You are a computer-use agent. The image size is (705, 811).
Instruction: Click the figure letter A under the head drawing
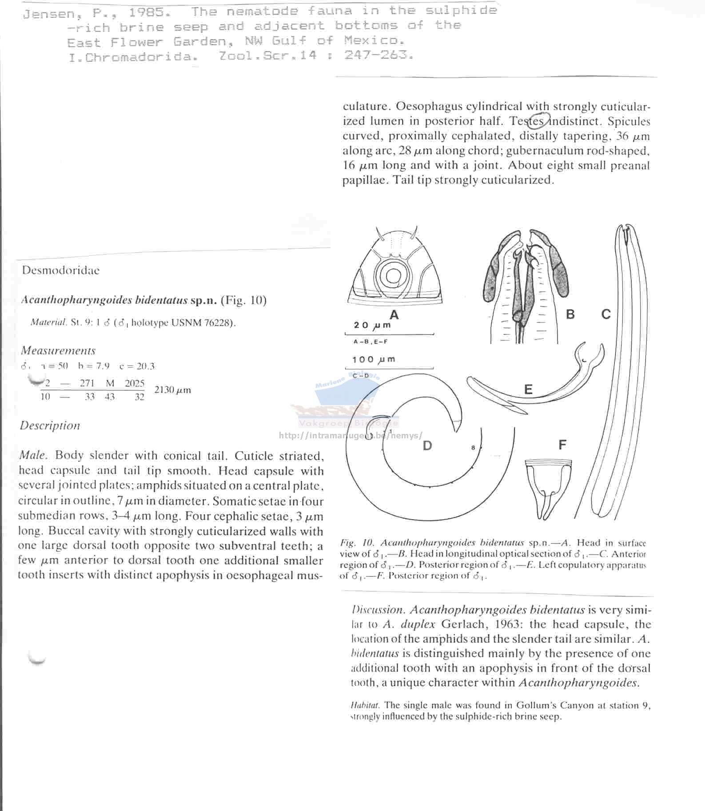394,315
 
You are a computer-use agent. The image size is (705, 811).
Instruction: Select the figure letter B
570,314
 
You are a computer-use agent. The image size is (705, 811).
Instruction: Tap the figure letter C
606,314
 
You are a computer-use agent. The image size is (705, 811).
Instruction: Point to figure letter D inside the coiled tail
427,445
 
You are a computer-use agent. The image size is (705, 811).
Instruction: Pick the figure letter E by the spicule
528,390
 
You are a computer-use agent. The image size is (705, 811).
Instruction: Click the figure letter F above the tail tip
562,445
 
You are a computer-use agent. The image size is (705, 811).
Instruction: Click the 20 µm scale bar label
372,325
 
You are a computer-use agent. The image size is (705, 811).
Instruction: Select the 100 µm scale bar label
374,359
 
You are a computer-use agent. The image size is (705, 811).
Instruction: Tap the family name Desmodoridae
61,270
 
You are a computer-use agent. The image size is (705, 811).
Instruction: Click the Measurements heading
58,351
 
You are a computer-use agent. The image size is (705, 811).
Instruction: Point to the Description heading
50,425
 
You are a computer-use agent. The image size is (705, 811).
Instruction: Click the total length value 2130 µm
172,390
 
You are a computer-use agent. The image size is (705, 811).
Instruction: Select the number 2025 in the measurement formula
135,383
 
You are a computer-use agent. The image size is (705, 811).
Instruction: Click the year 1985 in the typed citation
146,12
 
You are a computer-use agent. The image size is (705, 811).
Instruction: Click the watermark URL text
351,435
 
